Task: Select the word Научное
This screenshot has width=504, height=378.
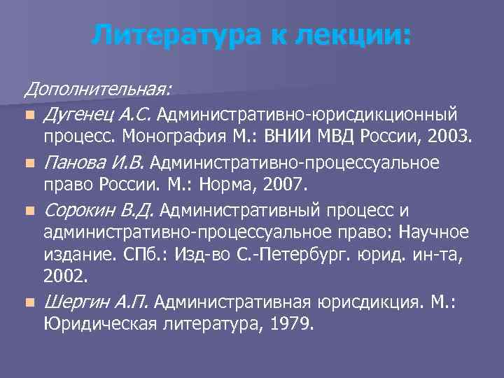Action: pos(433,233)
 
